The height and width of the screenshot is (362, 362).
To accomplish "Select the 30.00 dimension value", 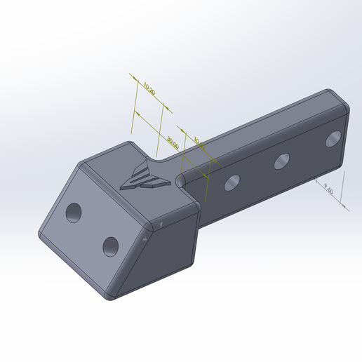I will (172, 142).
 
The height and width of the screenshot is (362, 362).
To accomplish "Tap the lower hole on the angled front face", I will (110, 246).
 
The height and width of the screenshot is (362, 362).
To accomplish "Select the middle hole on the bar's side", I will (283, 161).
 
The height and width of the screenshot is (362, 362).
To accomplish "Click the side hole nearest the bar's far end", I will (333, 138).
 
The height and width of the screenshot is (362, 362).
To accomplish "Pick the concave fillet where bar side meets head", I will (181, 180).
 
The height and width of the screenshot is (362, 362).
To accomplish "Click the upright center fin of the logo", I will (144, 169).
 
